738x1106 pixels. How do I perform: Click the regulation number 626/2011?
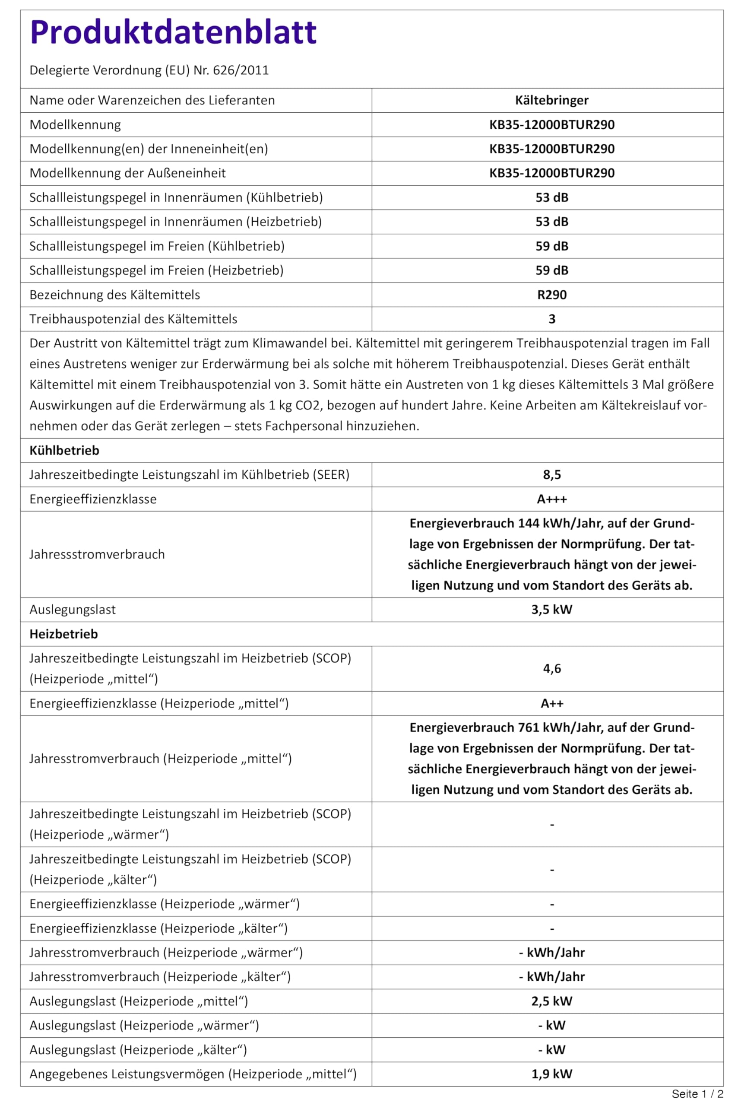click(241, 70)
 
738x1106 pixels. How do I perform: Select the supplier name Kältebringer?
click(551, 100)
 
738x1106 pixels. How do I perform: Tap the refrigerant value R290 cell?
click(551, 295)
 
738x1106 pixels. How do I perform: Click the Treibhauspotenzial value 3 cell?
click(551, 319)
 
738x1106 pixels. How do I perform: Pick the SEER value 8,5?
click(551, 475)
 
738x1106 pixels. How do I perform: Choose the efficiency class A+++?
click(551, 499)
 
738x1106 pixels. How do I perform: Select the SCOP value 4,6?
click(551, 669)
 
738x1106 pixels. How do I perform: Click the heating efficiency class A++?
click(551, 703)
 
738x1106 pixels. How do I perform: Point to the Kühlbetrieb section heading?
click(64, 451)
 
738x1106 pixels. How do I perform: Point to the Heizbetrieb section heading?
click(63, 634)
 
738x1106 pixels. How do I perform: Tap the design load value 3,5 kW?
click(551, 610)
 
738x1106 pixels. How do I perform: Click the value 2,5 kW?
click(551, 1001)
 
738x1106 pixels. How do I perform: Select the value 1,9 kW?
click(551, 1074)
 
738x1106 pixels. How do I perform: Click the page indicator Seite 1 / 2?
click(697, 1094)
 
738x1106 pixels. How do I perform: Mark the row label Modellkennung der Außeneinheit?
click(127, 173)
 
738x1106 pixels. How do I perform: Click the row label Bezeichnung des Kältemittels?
click(115, 295)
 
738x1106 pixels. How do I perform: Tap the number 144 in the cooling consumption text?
click(529, 524)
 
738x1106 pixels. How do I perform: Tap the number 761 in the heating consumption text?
click(529, 728)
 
